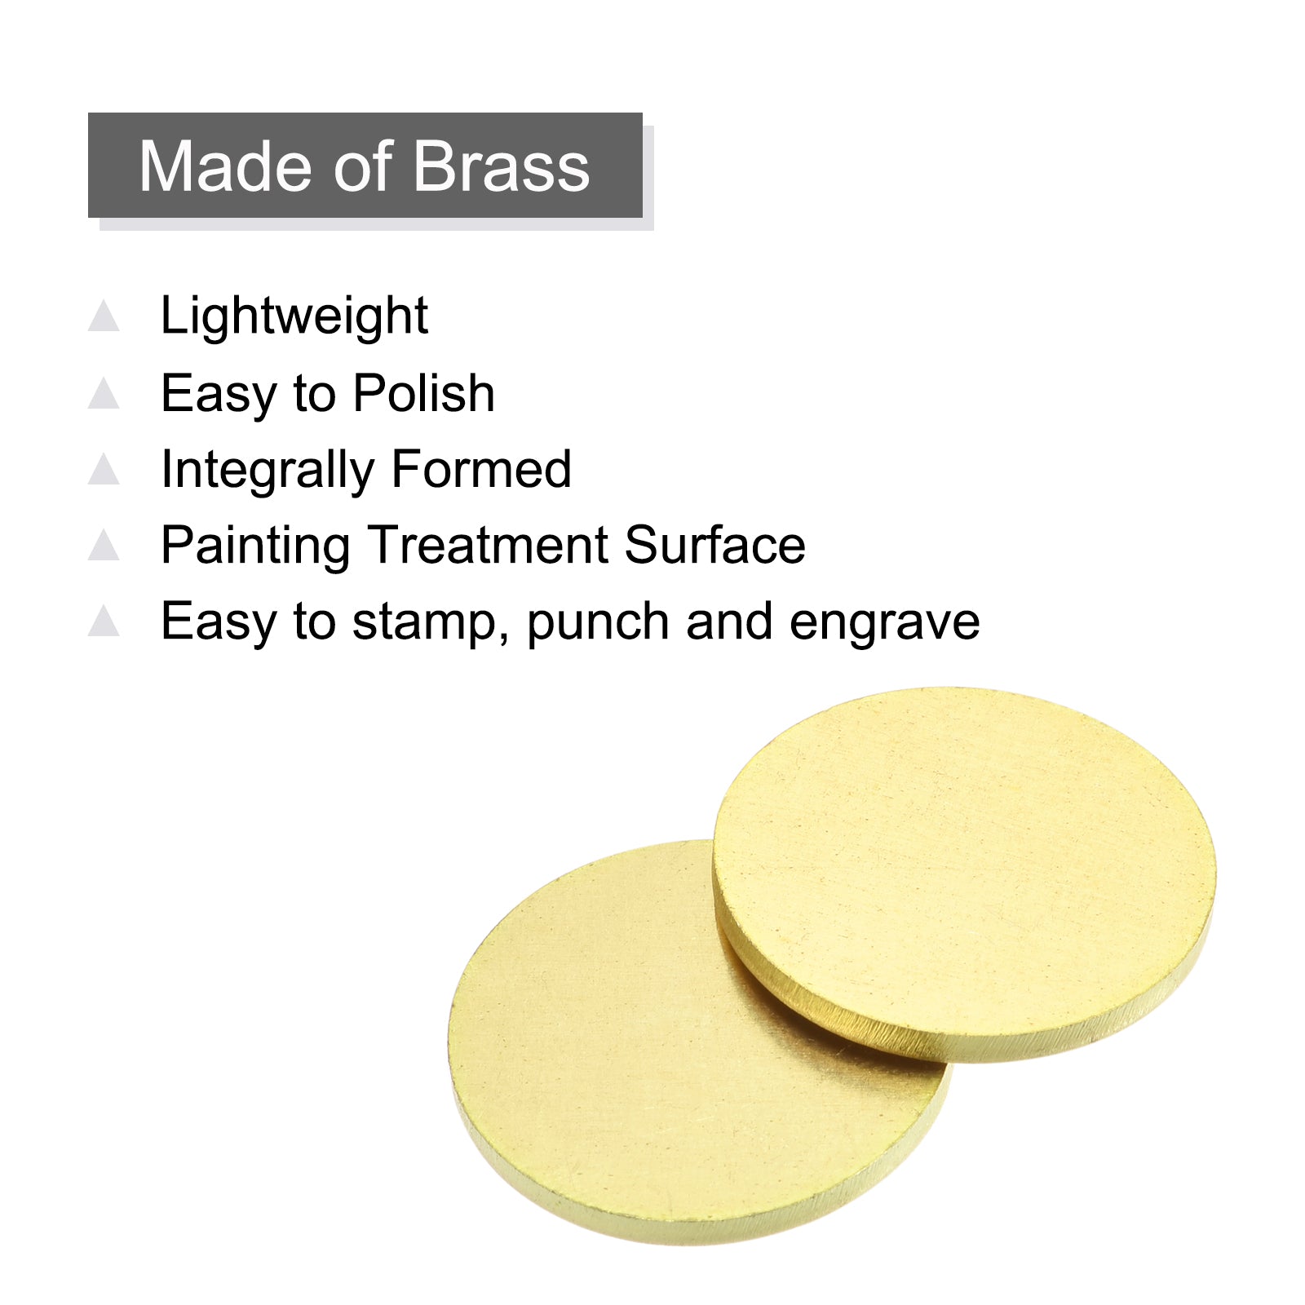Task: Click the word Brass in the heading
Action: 502,166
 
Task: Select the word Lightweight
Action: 294,316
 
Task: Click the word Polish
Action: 424,393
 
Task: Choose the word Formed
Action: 481,469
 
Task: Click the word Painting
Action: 256,546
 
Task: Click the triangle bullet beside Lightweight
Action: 104,316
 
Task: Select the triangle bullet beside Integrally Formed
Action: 104,469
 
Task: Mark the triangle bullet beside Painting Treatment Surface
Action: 104,545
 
